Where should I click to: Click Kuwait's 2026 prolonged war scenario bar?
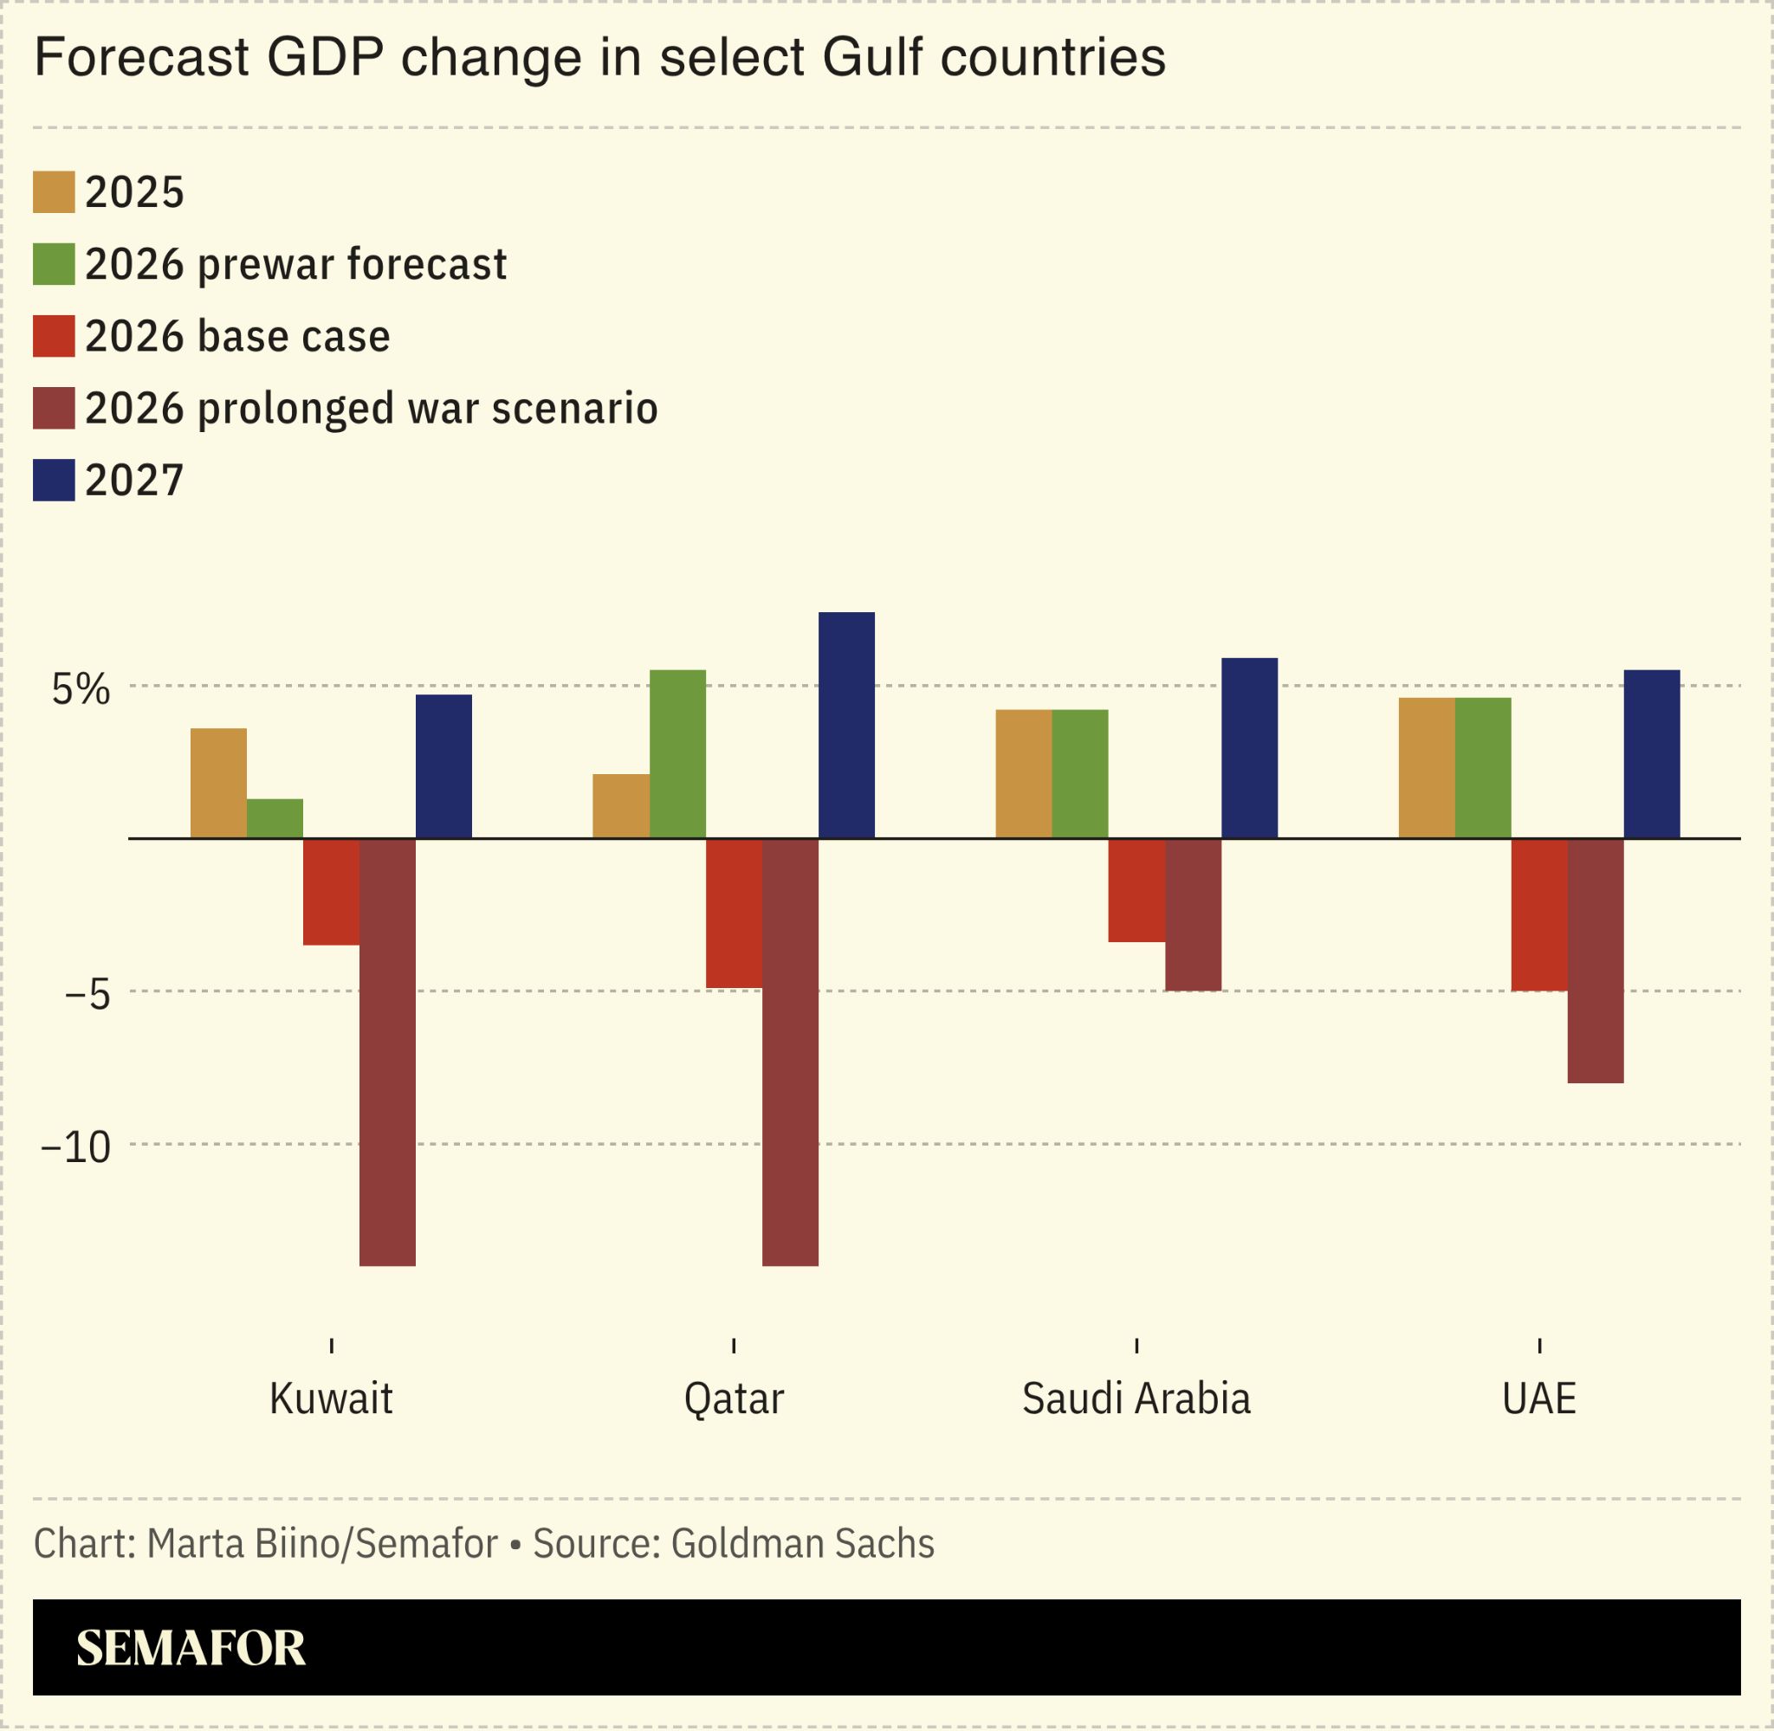pyautogui.click(x=387, y=1051)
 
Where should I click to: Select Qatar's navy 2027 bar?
pyautogui.click(x=846, y=725)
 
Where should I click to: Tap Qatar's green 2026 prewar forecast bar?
pyautogui.click(x=677, y=753)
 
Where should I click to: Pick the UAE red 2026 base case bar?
pyautogui.click(x=1538, y=914)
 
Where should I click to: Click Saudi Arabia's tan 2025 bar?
pyautogui.click(x=1023, y=773)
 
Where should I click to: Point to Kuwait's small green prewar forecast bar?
pyautogui.click(x=275, y=818)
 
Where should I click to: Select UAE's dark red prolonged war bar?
pyautogui.click(x=1595, y=960)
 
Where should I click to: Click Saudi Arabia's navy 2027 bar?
pyautogui.click(x=1248, y=747)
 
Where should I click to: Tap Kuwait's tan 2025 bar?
pyautogui.click(x=218, y=783)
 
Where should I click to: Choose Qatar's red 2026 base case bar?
pyautogui.click(x=734, y=913)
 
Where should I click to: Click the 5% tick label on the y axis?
pyautogui.click(x=81, y=690)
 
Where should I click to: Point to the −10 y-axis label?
pyautogui.click(x=76, y=1147)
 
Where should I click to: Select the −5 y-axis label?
pyautogui.click(x=87, y=995)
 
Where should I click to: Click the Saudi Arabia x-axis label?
pyautogui.click(x=1136, y=1398)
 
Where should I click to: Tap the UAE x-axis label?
pyautogui.click(x=1538, y=1398)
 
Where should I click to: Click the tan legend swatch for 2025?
pyautogui.click(x=54, y=192)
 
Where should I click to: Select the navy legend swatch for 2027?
pyautogui.click(x=54, y=480)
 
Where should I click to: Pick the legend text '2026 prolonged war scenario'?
pyautogui.click(x=371, y=408)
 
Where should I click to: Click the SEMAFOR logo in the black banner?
pyautogui.click(x=191, y=1648)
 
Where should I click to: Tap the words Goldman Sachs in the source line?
pyautogui.click(x=802, y=1544)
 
